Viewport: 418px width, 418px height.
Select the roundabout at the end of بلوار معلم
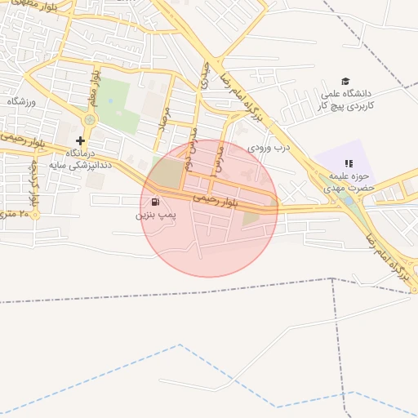[89, 120]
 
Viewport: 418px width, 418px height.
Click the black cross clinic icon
[80, 140]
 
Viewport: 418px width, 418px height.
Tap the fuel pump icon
[155, 202]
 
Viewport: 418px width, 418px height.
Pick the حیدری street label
[203, 75]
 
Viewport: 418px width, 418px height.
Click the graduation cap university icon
[345, 82]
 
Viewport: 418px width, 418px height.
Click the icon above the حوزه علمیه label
[349, 163]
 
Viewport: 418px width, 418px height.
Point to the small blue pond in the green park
[110, 102]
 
